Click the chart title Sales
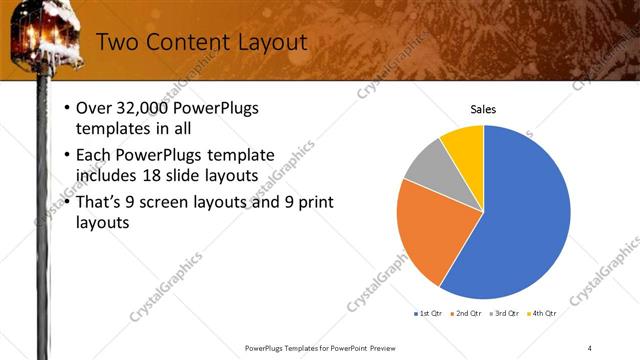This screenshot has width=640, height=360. (x=483, y=110)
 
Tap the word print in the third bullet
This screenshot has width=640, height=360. (x=314, y=203)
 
